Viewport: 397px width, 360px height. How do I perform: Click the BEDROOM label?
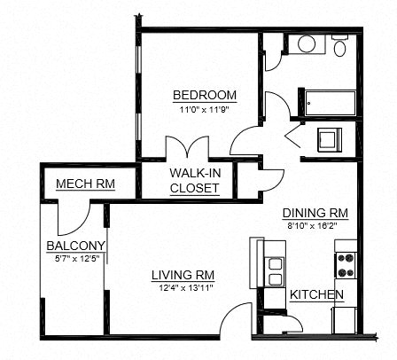204,95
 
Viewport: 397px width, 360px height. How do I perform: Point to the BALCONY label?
77,246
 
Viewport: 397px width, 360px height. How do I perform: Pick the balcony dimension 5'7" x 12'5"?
77,258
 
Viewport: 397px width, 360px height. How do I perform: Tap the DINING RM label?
315,214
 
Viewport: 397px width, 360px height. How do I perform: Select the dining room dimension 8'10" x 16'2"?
315,226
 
